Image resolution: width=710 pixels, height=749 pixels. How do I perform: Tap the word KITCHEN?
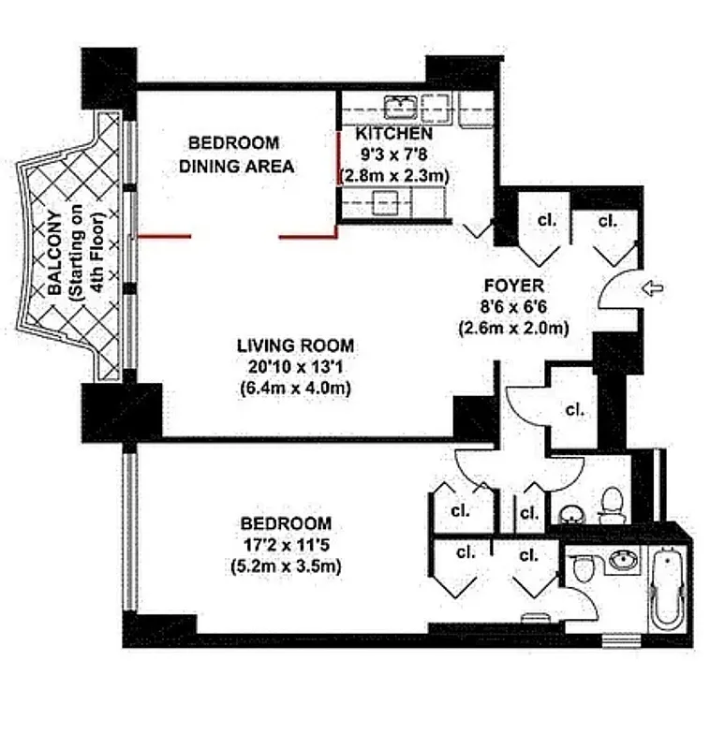click(394, 134)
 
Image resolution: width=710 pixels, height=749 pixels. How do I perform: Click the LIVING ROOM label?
click(294, 346)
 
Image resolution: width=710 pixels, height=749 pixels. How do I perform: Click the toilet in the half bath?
click(612, 504)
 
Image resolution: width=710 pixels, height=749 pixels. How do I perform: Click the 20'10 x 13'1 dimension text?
click(295, 367)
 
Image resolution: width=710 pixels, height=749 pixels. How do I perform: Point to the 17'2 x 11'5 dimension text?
click(285, 544)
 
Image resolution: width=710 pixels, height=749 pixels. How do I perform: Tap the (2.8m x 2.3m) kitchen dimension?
click(394, 175)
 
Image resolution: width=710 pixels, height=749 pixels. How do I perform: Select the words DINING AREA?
click(237, 167)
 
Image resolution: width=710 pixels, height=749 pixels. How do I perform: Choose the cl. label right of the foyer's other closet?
click(607, 221)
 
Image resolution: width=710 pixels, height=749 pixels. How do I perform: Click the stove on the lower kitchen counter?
click(385, 199)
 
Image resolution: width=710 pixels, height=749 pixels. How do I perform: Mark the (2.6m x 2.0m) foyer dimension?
click(512, 328)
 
